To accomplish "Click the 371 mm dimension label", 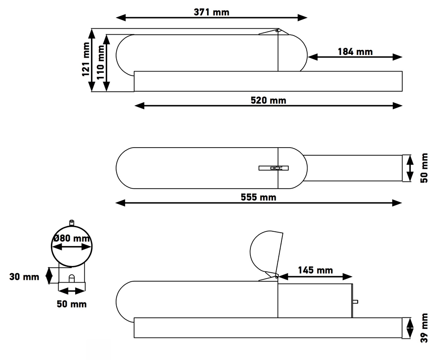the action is tap(211, 12).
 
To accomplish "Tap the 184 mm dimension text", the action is tap(355, 52).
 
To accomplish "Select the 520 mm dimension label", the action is tap(268, 100).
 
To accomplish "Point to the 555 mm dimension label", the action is tap(259, 198).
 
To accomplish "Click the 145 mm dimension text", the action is tap(315, 270).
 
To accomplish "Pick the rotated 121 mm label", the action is tap(86, 59).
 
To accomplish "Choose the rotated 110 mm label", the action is tap(100, 62).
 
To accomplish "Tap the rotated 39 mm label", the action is tap(424, 328).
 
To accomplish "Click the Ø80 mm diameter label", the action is tap(72, 238).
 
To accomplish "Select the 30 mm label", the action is tap(24, 277).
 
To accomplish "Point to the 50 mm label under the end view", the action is tap(72, 304).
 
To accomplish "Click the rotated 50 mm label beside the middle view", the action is tap(424, 168).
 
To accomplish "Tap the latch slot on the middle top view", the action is tap(274, 168).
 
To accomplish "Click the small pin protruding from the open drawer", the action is tap(355, 302).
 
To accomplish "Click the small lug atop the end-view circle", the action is tap(72, 223).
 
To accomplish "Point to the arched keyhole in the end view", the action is tap(72, 279).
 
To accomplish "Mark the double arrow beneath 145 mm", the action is tap(315, 277).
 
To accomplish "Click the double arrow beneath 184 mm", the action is tap(355, 57).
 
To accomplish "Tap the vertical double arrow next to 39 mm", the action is tap(410, 328).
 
